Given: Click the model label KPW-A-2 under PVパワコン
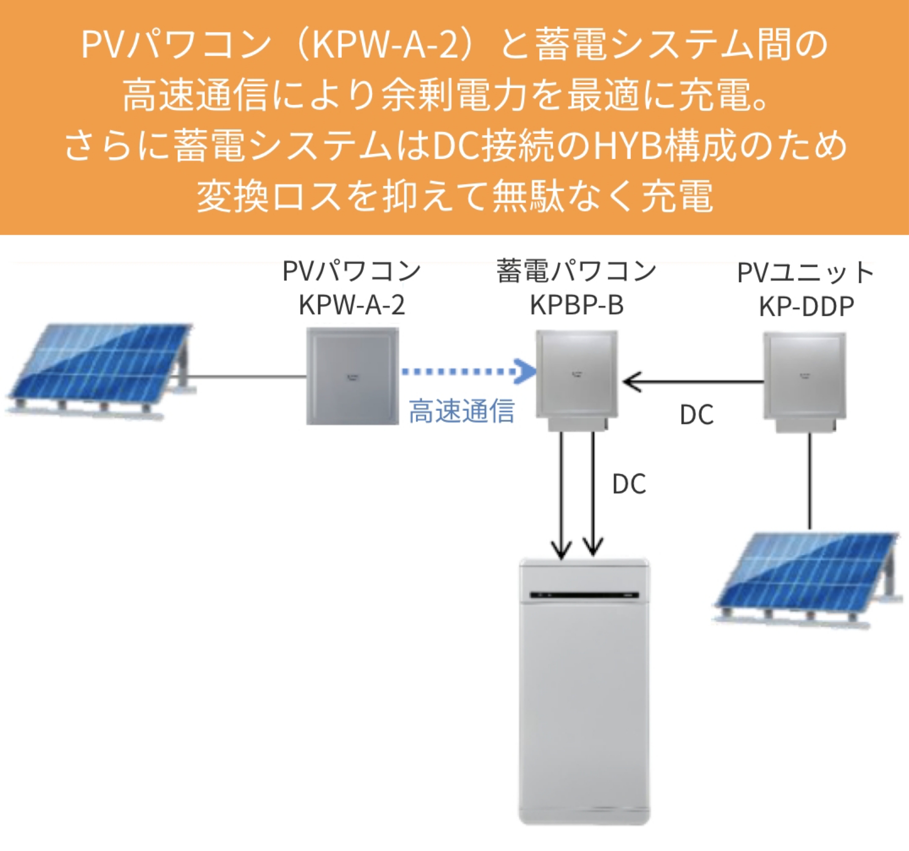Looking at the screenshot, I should (352, 305).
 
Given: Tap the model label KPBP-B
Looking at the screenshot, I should (576, 305).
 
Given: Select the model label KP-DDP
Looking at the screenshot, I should (807, 307).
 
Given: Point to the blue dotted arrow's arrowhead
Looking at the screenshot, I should (526, 371).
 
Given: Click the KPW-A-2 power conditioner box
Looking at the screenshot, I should (352, 376).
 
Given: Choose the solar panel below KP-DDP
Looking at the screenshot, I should (807, 578).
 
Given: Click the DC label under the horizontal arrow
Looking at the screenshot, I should (696, 416).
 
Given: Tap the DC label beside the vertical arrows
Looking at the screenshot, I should (629, 484).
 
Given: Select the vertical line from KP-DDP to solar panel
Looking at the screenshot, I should (810, 480).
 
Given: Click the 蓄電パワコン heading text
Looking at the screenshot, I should (576, 271).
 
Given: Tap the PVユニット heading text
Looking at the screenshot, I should (805, 273).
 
